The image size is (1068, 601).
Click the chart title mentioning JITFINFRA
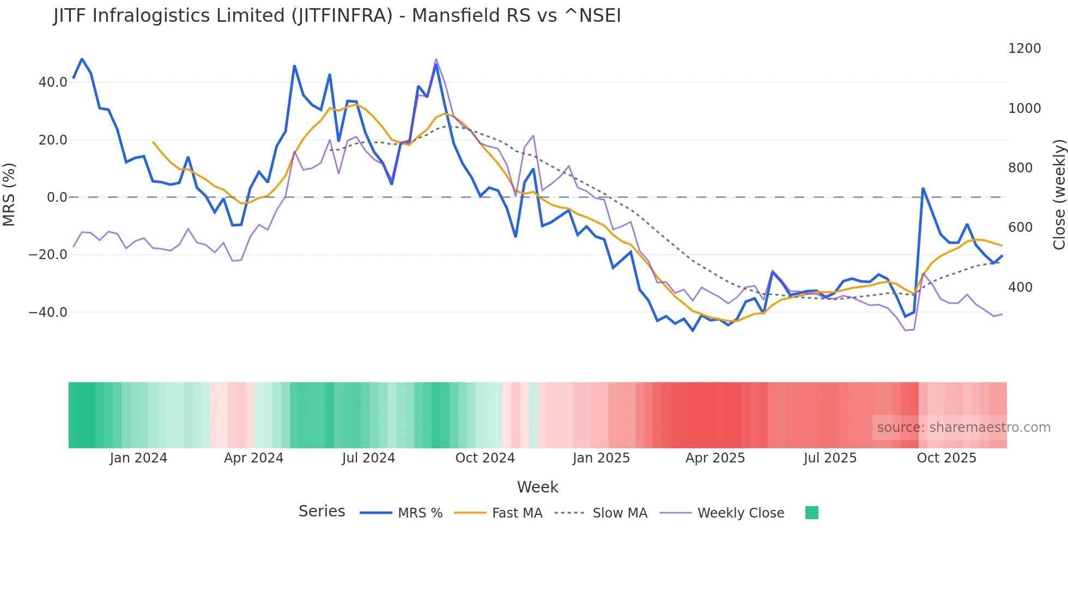[x=337, y=15]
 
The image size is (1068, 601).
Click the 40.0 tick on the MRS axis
[x=52, y=82]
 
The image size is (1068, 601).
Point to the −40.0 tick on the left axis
[x=48, y=312]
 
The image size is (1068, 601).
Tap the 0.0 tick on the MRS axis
[x=57, y=197]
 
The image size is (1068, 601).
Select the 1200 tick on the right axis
[x=1024, y=49]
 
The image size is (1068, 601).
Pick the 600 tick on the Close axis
[x=1020, y=227]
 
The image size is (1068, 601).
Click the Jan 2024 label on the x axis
[x=138, y=458]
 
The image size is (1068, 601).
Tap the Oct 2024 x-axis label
[x=485, y=458]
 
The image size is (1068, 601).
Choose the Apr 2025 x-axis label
[x=715, y=458]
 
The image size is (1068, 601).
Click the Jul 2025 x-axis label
[x=830, y=458]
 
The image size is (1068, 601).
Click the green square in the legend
[x=811, y=513]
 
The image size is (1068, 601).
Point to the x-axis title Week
[x=537, y=487]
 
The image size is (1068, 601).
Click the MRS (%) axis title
[x=9, y=194]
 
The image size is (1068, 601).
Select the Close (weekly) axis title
[x=1059, y=194]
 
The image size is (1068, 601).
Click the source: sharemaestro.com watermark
[x=963, y=428]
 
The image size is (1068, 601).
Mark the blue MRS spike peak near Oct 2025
[x=923, y=188]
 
